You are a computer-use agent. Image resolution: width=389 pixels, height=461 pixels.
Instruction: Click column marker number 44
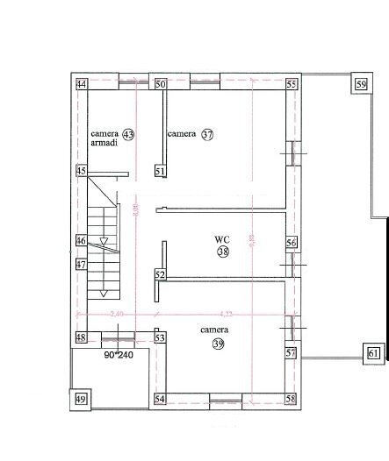81,84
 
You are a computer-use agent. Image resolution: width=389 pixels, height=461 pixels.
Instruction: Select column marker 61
373,353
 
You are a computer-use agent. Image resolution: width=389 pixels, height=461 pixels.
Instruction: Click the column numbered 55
292,84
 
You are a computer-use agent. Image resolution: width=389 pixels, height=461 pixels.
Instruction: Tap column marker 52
161,275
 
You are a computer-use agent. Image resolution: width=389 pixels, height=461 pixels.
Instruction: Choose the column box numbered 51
160,172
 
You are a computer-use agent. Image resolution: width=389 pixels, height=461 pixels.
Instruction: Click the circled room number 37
207,135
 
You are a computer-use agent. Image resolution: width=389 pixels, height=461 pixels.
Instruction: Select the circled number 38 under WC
223,252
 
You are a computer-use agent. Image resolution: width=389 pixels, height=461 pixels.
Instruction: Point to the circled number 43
128,135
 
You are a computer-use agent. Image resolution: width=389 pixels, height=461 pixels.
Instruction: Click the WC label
222,238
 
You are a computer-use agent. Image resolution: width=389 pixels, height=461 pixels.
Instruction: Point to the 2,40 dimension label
117,313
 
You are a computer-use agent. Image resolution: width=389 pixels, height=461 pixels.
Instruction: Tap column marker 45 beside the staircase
81,172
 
